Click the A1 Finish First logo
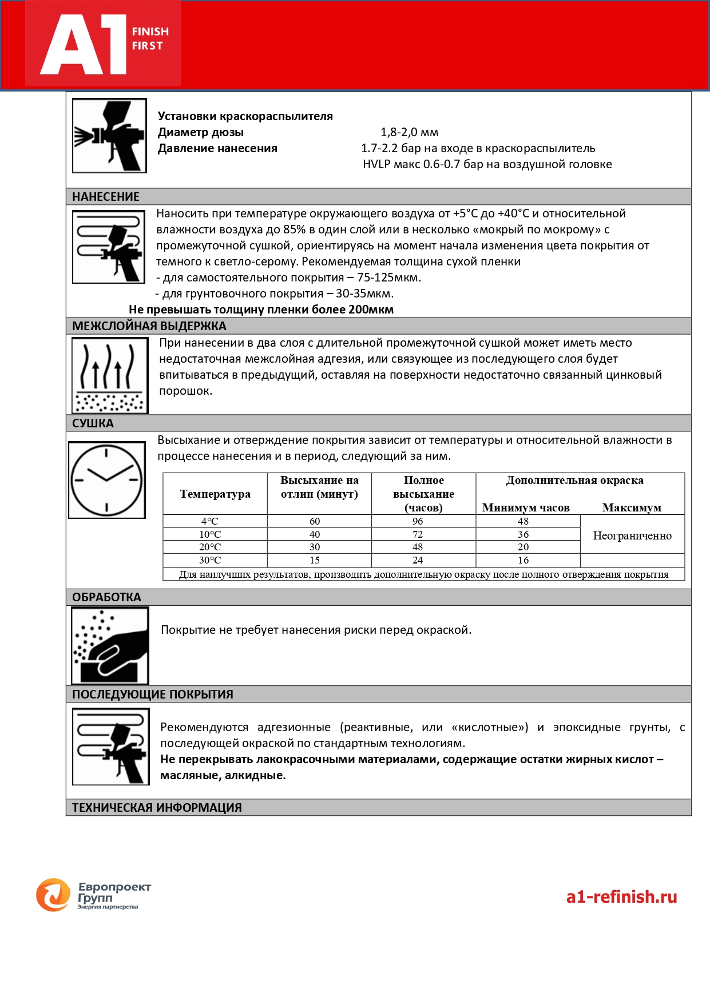[104, 43]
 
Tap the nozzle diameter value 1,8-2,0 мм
[410, 132]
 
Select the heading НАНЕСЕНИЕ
[106, 197]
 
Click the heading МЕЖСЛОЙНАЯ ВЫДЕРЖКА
[149, 326]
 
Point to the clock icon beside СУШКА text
[107, 480]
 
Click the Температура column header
[215, 494]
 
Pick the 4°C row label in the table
[210, 521]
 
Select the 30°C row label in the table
[210, 560]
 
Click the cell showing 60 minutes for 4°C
[315, 521]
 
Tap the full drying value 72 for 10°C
[418, 534]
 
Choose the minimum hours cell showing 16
[523, 560]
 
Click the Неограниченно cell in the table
[632, 536]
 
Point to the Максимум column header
[632, 507]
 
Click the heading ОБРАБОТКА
[106, 597]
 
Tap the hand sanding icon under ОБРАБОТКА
[110, 645]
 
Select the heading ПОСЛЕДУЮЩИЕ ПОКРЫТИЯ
[153, 695]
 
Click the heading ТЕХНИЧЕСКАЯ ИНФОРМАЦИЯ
[157, 808]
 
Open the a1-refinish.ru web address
[621, 896]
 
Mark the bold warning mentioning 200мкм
[261, 309]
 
